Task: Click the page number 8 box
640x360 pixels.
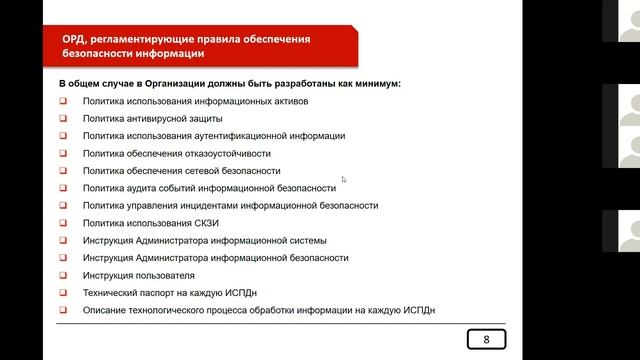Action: tap(487, 339)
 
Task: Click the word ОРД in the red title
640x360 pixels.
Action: tap(76, 39)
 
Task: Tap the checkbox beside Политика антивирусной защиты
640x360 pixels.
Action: tap(62, 118)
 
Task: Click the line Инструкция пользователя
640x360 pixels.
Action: tap(139, 275)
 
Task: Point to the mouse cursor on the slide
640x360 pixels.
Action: tap(344, 180)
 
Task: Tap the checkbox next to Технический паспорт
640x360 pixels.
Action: tap(62, 293)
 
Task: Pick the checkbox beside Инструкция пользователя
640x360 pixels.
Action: tap(62, 275)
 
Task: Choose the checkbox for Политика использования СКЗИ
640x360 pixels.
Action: tap(62, 223)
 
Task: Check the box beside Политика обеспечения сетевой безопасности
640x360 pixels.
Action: tap(62, 170)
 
